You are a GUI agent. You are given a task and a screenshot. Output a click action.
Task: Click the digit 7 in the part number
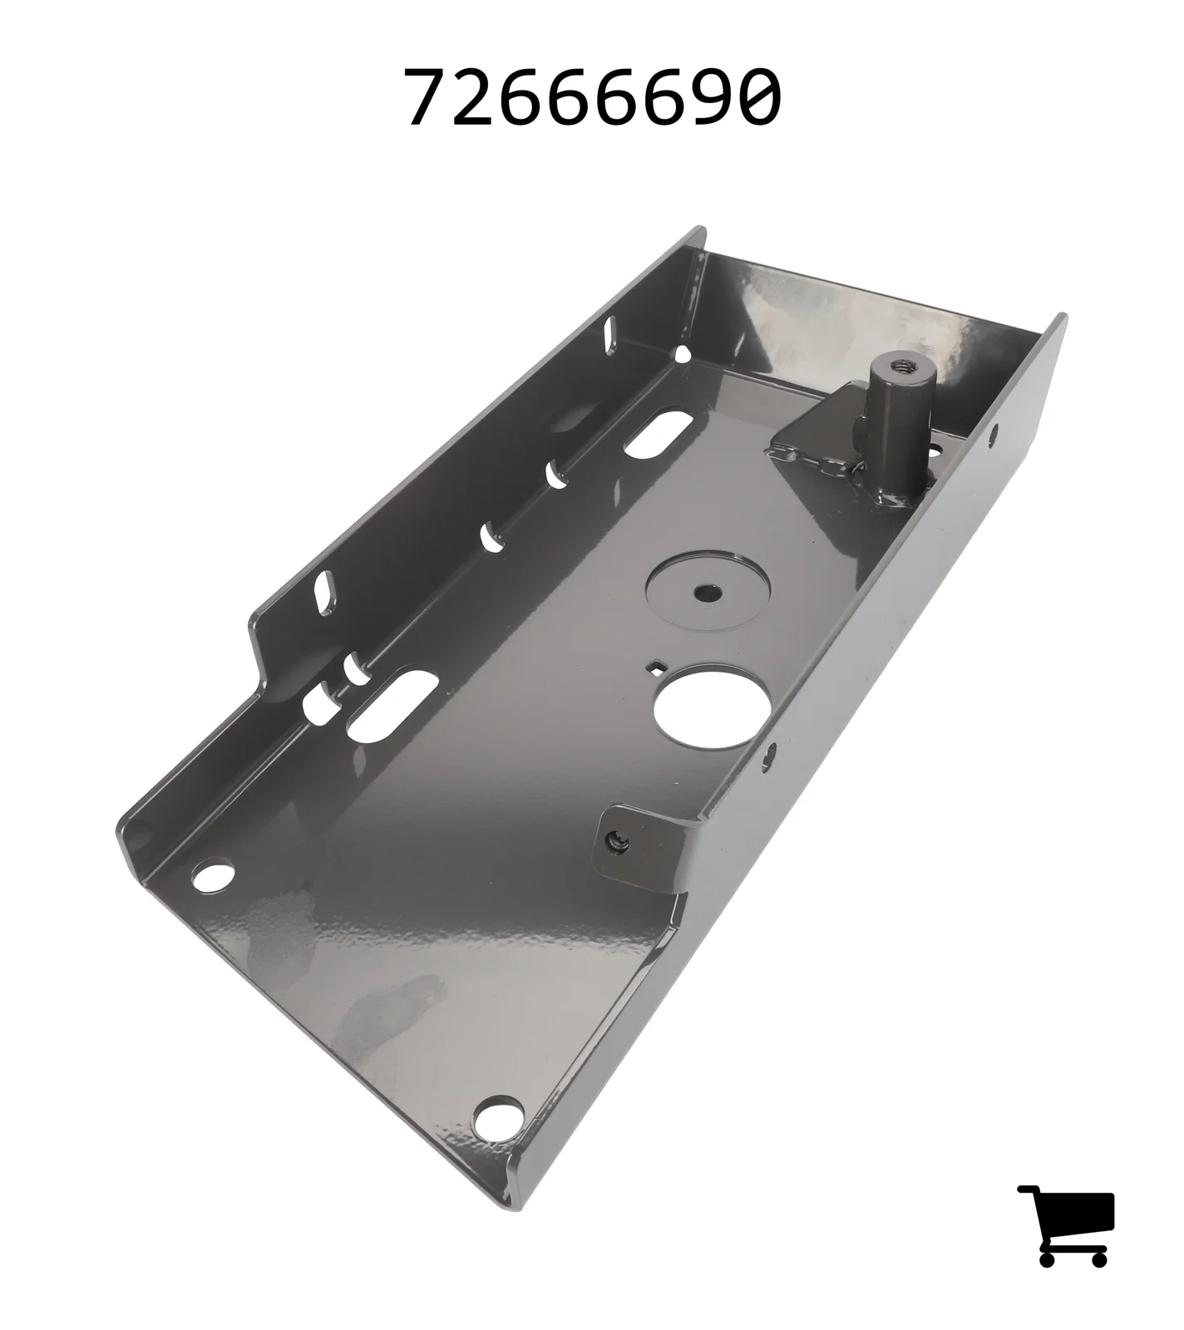[428, 97]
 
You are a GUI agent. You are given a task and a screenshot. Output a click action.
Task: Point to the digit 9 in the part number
[709, 97]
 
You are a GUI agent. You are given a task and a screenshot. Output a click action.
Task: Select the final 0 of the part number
[757, 97]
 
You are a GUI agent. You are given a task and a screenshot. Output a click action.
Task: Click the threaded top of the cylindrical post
[901, 365]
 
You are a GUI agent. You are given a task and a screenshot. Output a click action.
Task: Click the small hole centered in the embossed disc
[708, 592]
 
